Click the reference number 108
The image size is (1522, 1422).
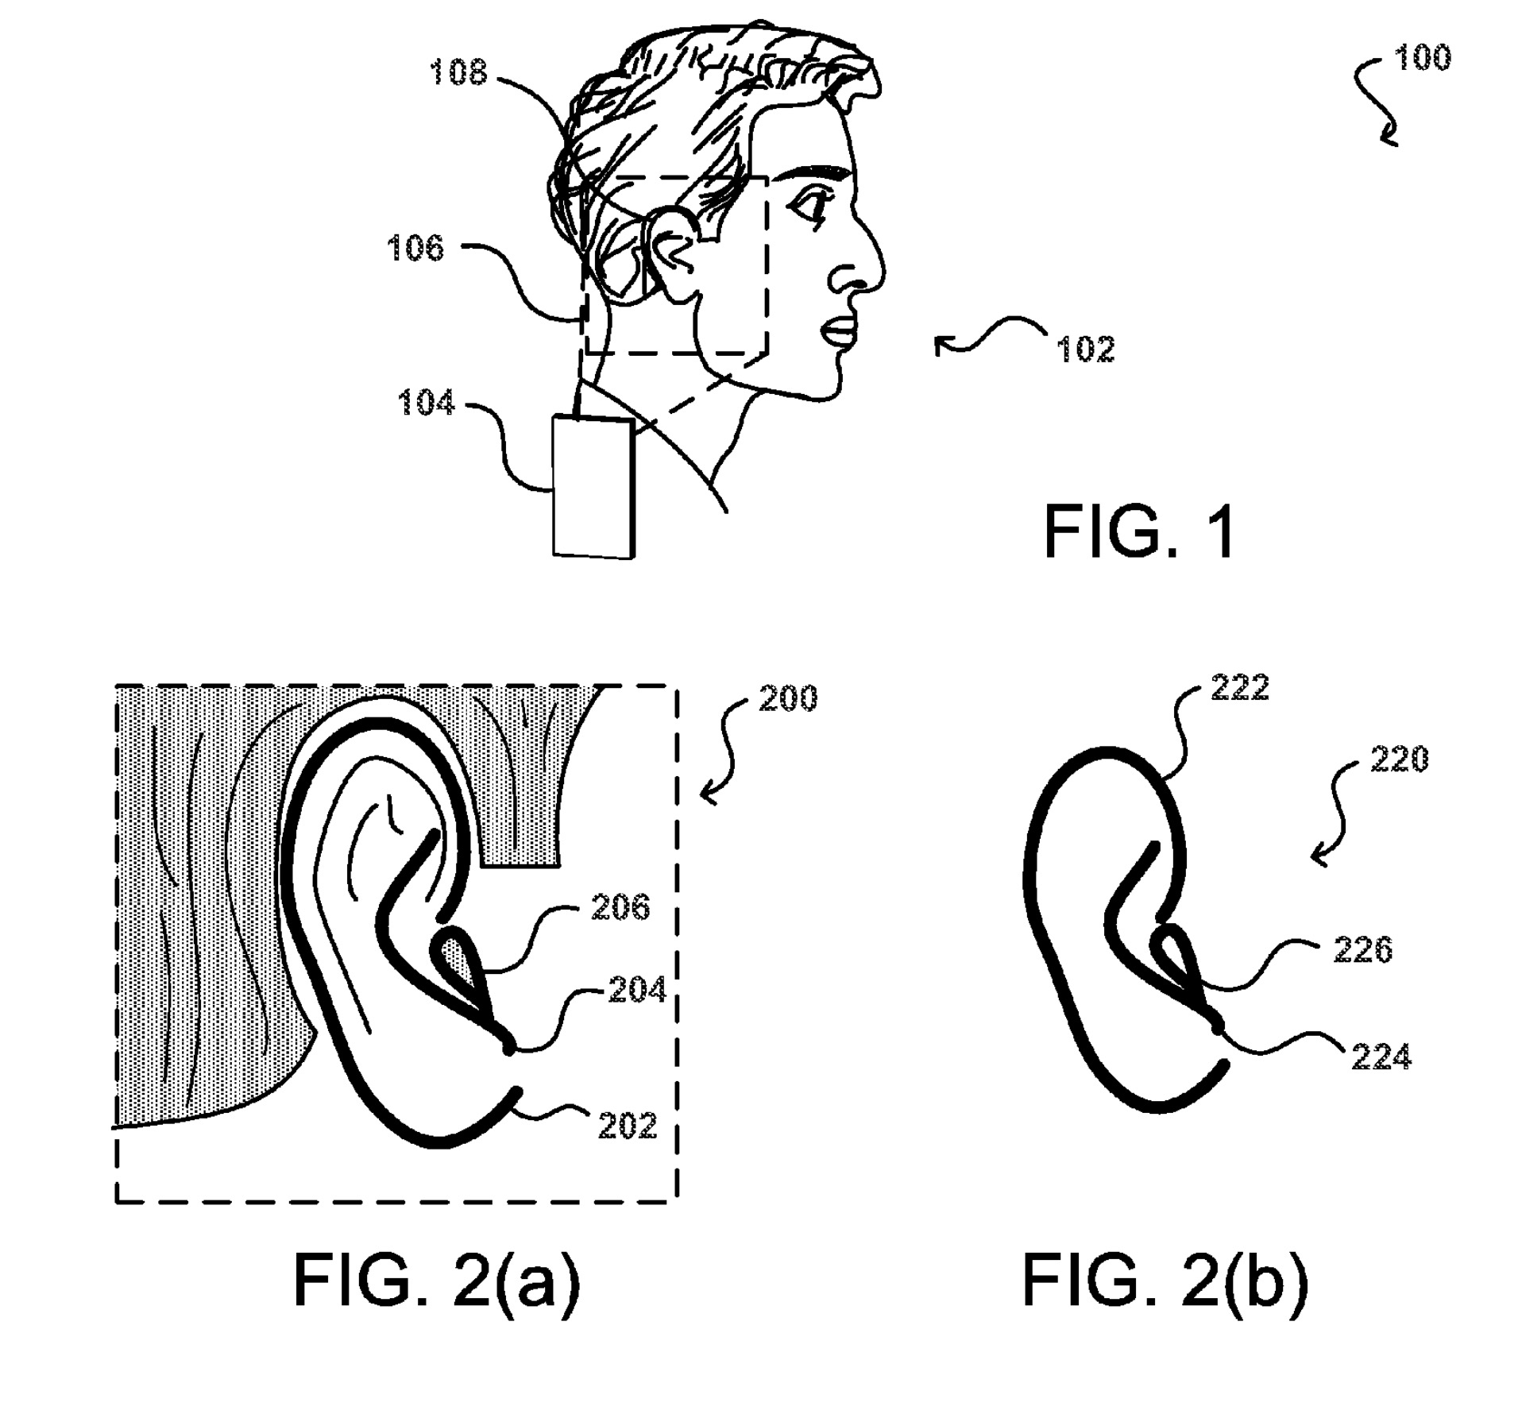point(458,73)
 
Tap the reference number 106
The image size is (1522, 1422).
point(415,249)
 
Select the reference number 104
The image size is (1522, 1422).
point(426,403)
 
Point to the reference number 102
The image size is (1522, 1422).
point(1085,350)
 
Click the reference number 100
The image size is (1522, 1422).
point(1423,58)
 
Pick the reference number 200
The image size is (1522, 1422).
point(788,698)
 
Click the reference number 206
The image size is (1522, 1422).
point(620,907)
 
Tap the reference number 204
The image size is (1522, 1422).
point(637,990)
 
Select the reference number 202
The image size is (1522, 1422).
point(628,1126)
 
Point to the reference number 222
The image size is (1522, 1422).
point(1240,688)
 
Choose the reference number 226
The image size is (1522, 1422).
point(1363,950)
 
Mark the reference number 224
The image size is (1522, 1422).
point(1381,1057)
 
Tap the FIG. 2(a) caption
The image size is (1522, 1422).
point(437,1281)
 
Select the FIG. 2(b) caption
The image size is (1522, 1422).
point(1165,1281)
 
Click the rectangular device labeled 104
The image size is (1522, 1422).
point(593,486)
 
